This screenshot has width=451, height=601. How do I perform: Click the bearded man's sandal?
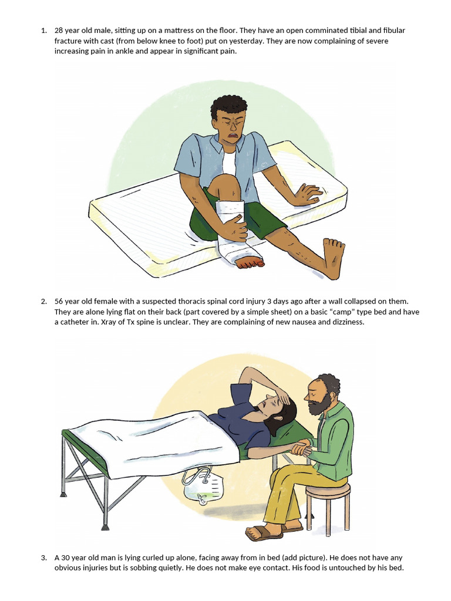260,533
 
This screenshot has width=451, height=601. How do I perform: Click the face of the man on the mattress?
230,126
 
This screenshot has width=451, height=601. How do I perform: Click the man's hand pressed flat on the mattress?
307,194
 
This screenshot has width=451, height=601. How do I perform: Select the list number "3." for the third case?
44,557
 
